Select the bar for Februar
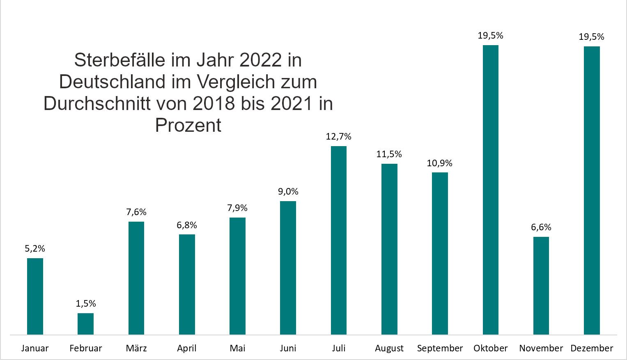85,324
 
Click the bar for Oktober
490,190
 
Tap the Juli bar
339,240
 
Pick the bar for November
541,286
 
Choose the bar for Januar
35,296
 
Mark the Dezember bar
592,190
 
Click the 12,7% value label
339,137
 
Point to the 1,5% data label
85,304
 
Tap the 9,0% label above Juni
288,192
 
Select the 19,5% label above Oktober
490,36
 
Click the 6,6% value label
541,227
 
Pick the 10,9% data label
439,163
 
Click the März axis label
136,349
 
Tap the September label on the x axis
440,349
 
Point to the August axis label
389,349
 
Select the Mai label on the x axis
237,349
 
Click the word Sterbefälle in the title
120,60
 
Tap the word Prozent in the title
188,125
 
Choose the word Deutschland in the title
112,82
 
